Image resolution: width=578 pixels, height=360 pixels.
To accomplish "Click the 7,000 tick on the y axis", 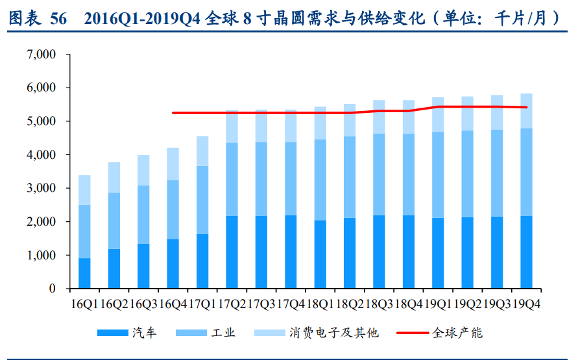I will (x=42, y=54).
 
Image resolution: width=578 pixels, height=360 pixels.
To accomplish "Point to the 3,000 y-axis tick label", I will (x=42, y=188).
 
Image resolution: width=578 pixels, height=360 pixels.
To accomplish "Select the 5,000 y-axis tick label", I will (x=42, y=121).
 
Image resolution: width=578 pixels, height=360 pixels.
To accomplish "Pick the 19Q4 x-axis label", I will (x=527, y=304).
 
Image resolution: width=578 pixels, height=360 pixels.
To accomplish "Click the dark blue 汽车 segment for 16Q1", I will (x=84, y=273).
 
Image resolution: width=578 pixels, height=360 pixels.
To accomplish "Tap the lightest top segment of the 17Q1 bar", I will (x=202, y=151).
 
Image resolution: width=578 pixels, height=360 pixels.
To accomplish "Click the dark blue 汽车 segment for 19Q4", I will (x=527, y=252).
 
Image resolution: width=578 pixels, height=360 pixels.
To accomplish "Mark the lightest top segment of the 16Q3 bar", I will (x=143, y=170).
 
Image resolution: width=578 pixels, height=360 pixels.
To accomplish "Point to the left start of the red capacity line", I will (x=173, y=113).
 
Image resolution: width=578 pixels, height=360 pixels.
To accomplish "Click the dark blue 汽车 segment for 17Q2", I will (x=232, y=252).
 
